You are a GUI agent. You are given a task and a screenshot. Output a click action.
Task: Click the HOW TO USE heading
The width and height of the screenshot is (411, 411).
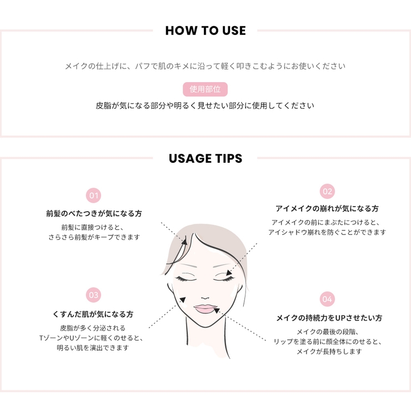click(x=205, y=31)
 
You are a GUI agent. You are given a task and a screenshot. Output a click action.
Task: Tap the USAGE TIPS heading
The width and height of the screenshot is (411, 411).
click(x=205, y=158)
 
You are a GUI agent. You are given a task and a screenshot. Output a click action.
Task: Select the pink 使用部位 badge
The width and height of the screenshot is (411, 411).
click(x=205, y=89)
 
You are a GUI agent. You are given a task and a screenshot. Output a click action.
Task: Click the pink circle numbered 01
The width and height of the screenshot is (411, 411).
click(x=93, y=196)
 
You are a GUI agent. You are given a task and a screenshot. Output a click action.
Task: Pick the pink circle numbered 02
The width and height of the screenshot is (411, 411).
click(x=327, y=192)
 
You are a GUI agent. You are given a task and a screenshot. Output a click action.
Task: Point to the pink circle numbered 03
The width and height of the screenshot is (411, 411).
click(x=93, y=295)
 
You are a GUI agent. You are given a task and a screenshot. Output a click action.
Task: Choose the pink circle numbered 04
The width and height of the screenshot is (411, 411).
click(x=327, y=299)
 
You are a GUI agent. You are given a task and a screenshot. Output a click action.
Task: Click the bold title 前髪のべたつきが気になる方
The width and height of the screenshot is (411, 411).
click(x=94, y=214)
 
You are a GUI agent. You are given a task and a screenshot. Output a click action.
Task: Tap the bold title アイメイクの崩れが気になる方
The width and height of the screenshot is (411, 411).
click(x=327, y=209)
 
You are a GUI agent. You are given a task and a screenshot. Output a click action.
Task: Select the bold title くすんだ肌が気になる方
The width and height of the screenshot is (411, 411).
click(x=93, y=314)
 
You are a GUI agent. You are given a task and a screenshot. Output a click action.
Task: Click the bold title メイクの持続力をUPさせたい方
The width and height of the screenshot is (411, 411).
click(x=329, y=318)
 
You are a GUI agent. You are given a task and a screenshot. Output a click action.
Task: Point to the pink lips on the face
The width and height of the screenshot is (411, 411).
click(x=205, y=308)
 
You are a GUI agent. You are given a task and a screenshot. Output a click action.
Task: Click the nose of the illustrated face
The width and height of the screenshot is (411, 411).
click(x=205, y=298)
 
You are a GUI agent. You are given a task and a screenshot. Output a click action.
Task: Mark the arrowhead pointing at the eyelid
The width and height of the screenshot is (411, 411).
click(x=229, y=273)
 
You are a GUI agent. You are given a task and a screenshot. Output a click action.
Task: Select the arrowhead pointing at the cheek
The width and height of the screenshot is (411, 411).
click(x=183, y=300)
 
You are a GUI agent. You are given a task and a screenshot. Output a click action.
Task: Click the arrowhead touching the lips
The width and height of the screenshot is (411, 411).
click(x=217, y=310)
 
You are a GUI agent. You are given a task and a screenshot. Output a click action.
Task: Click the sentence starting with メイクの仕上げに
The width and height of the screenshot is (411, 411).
click(x=205, y=66)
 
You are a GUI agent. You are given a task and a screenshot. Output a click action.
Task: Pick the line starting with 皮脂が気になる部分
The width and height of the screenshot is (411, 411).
click(x=205, y=106)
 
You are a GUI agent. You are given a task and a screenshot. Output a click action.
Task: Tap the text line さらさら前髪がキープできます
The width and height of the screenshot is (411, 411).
click(x=94, y=237)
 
